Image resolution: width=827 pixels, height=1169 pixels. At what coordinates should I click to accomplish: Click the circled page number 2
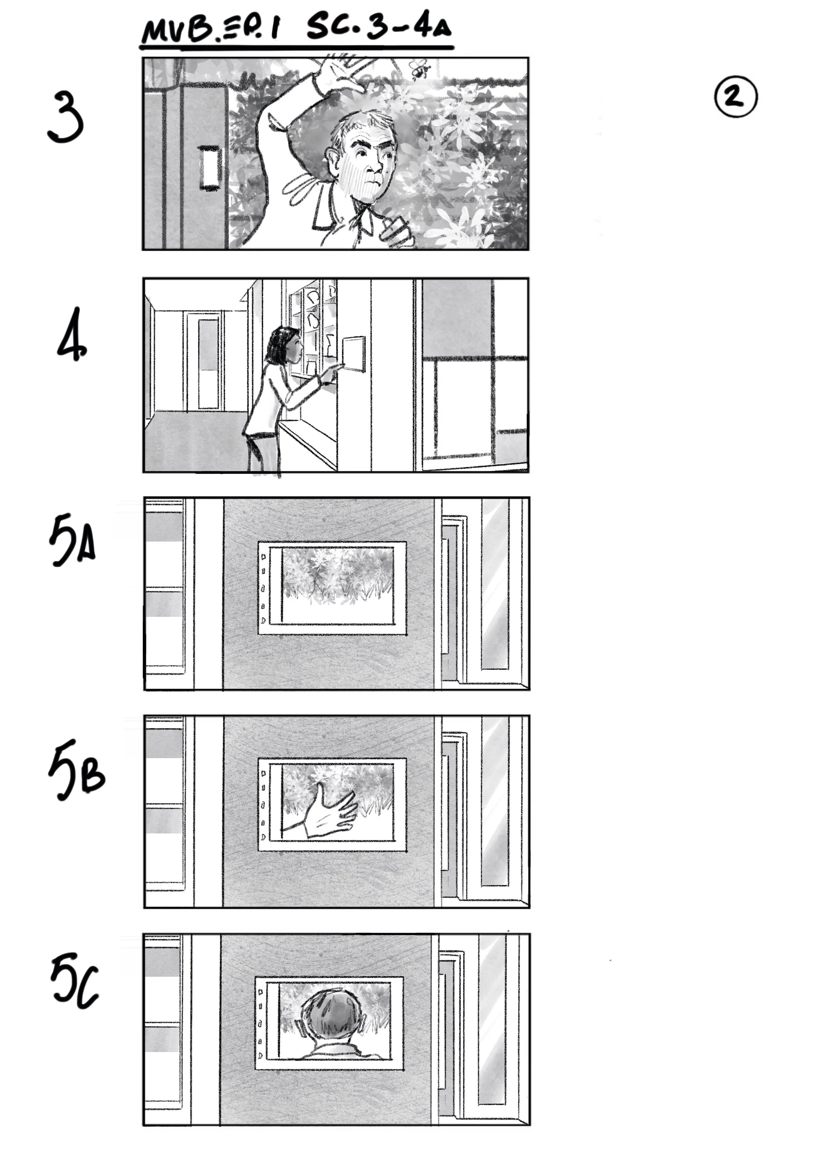pos(735,97)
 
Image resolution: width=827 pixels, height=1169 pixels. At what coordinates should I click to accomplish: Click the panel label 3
pos(65,118)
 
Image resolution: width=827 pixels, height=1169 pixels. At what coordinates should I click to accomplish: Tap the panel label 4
pos(71,335)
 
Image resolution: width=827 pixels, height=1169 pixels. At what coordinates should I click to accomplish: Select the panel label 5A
pos(72,542)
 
